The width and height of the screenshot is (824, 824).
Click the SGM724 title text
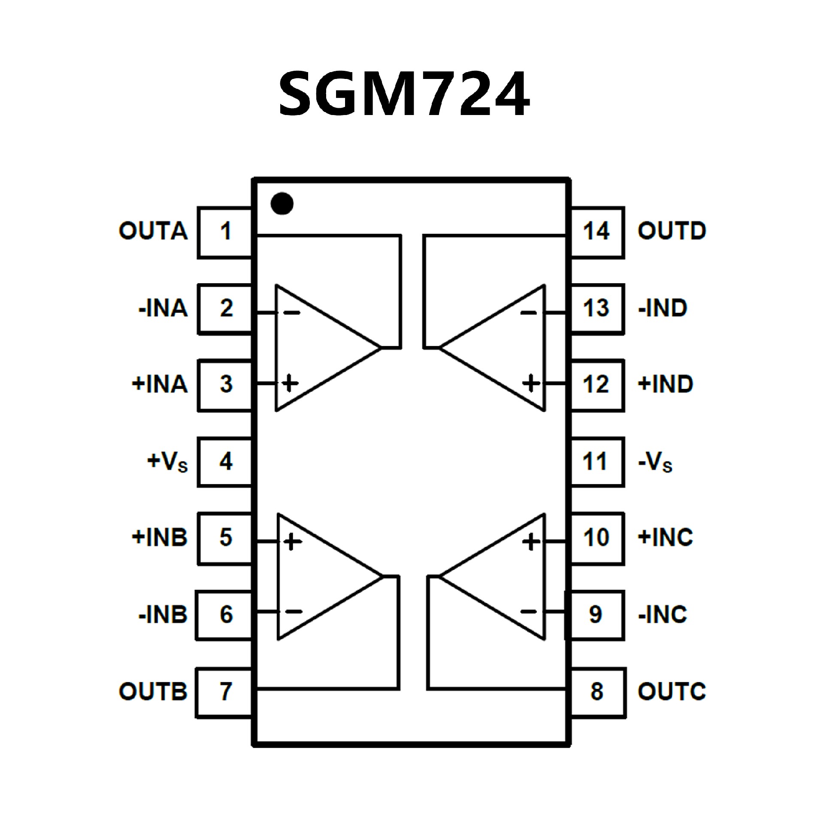pyautogui.click(x=404, y=93)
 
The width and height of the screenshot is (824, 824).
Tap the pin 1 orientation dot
pyautogui.click(x=282, y=203)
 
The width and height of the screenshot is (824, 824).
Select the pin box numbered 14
pyautogui.click(x=597, y=232)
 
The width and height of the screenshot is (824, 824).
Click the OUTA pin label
pyautogui.click(x=153, y=231)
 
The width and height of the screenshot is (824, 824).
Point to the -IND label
pyautogui.click(x=663, y=309)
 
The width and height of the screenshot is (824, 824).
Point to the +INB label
pyautogui.click(x=160, y=538)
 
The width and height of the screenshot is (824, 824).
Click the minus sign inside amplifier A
pyautogui.click(x=292, y=313)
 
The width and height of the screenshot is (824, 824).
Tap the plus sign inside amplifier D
pyautogui.click(x=531, y=383)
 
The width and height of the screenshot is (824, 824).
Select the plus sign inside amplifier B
pyautogui.click(x=292, y=542)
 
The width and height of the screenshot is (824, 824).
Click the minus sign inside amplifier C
pyautogui.click(x=528, y=612)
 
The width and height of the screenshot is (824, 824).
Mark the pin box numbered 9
pyautogui.click(x=596, y=615)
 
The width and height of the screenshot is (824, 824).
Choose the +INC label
pyautogui.click(x=665, y=538)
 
